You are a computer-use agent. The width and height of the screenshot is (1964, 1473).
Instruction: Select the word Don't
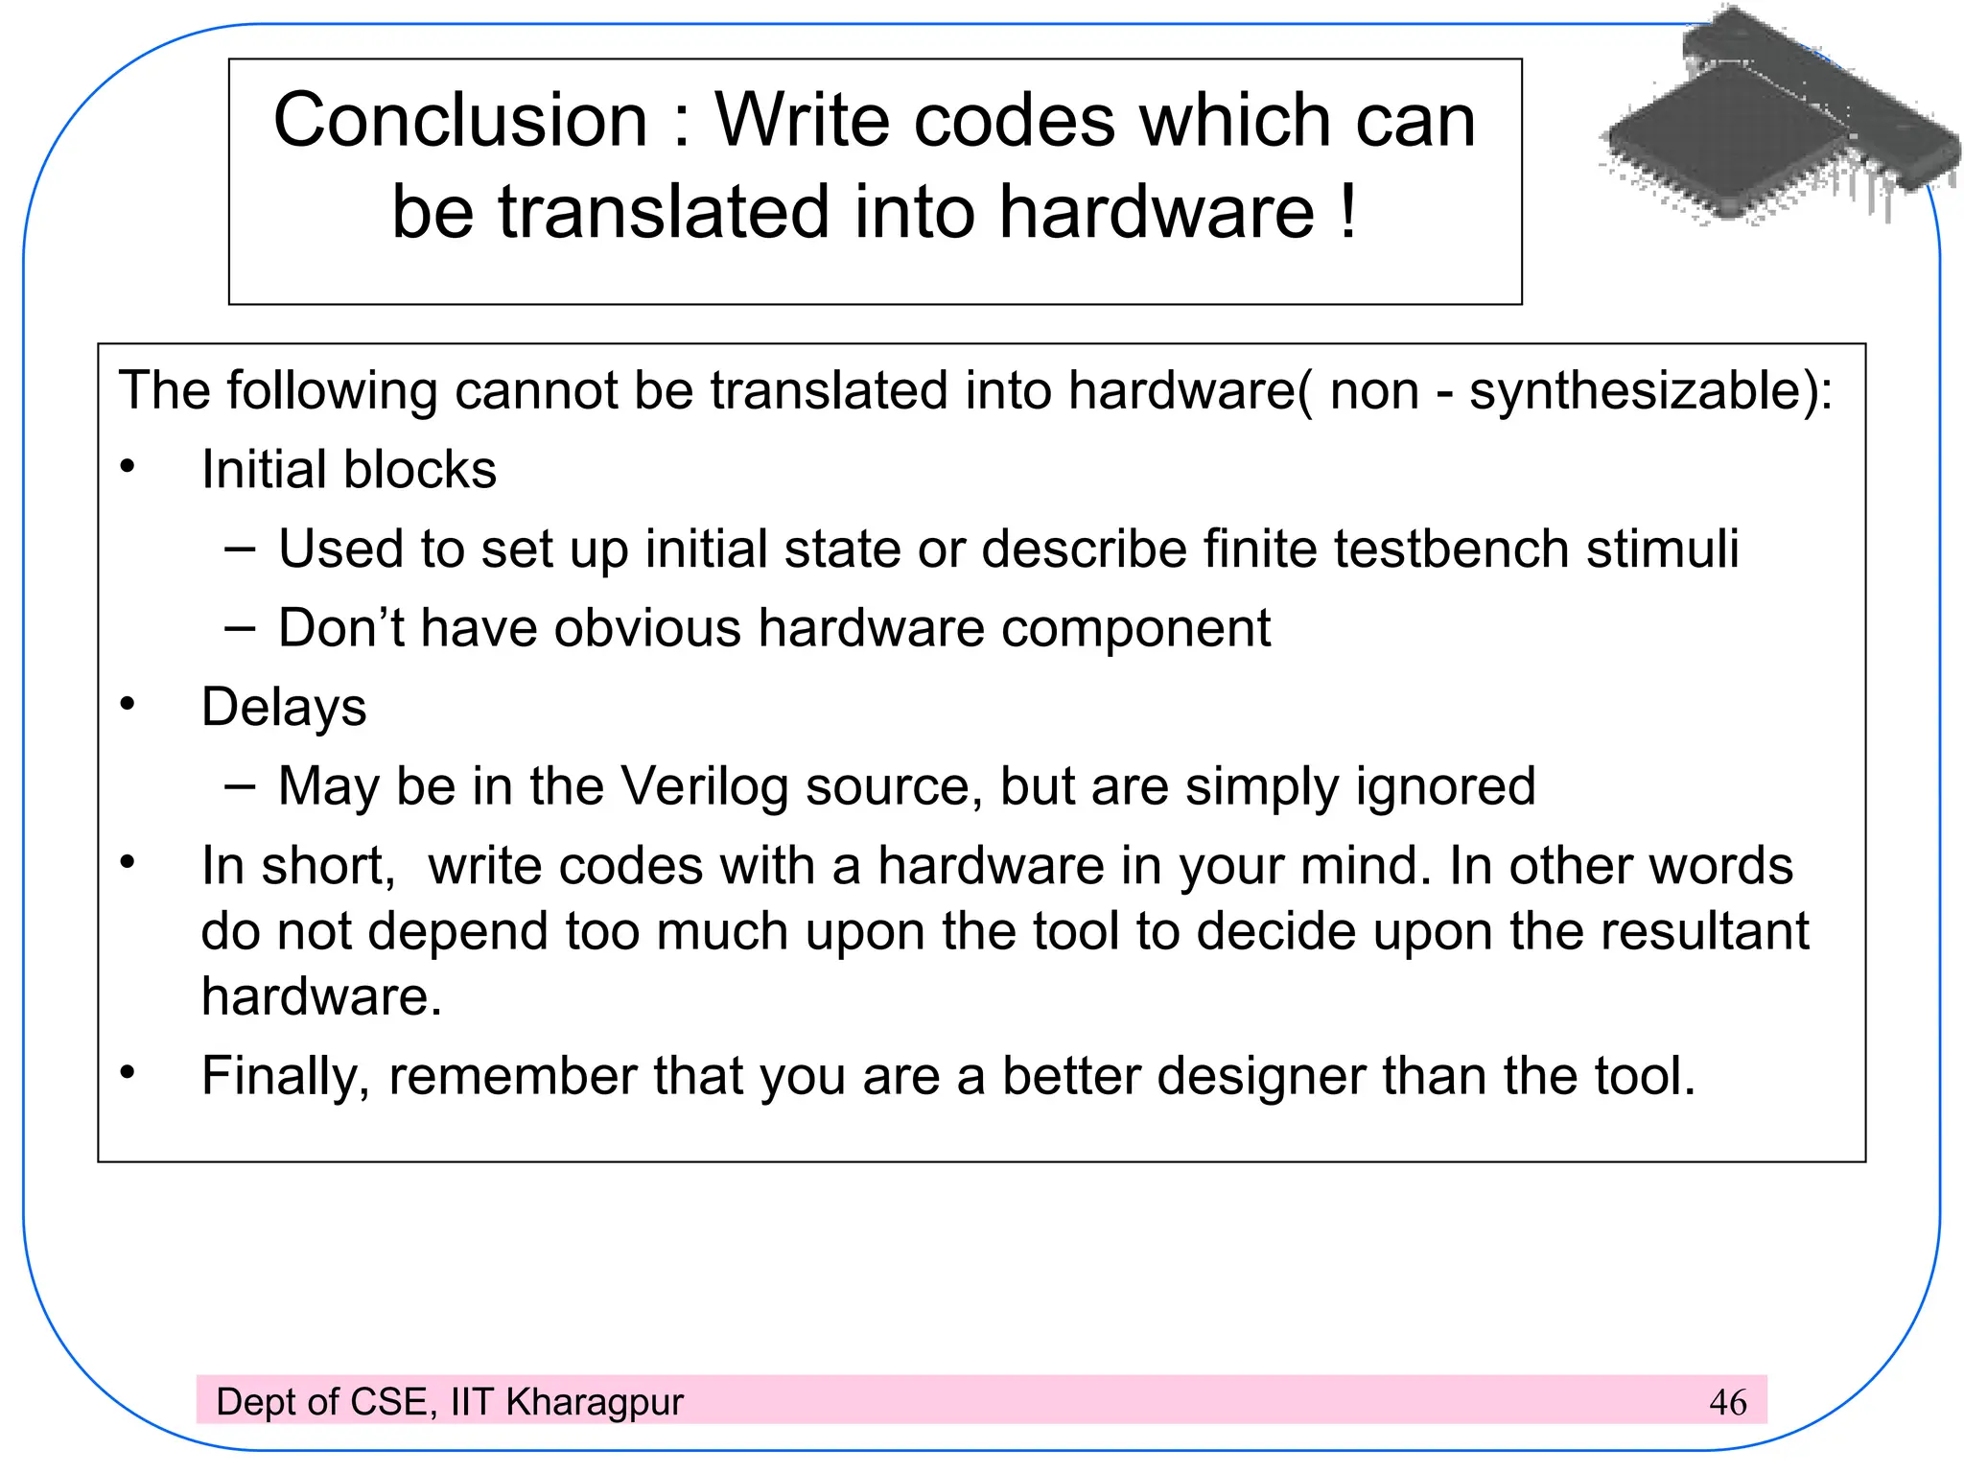point(341,629)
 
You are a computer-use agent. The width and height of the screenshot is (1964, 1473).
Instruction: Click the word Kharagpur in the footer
point(595,1402)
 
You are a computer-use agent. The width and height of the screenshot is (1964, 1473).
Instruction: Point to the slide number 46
point(1727,1403)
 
